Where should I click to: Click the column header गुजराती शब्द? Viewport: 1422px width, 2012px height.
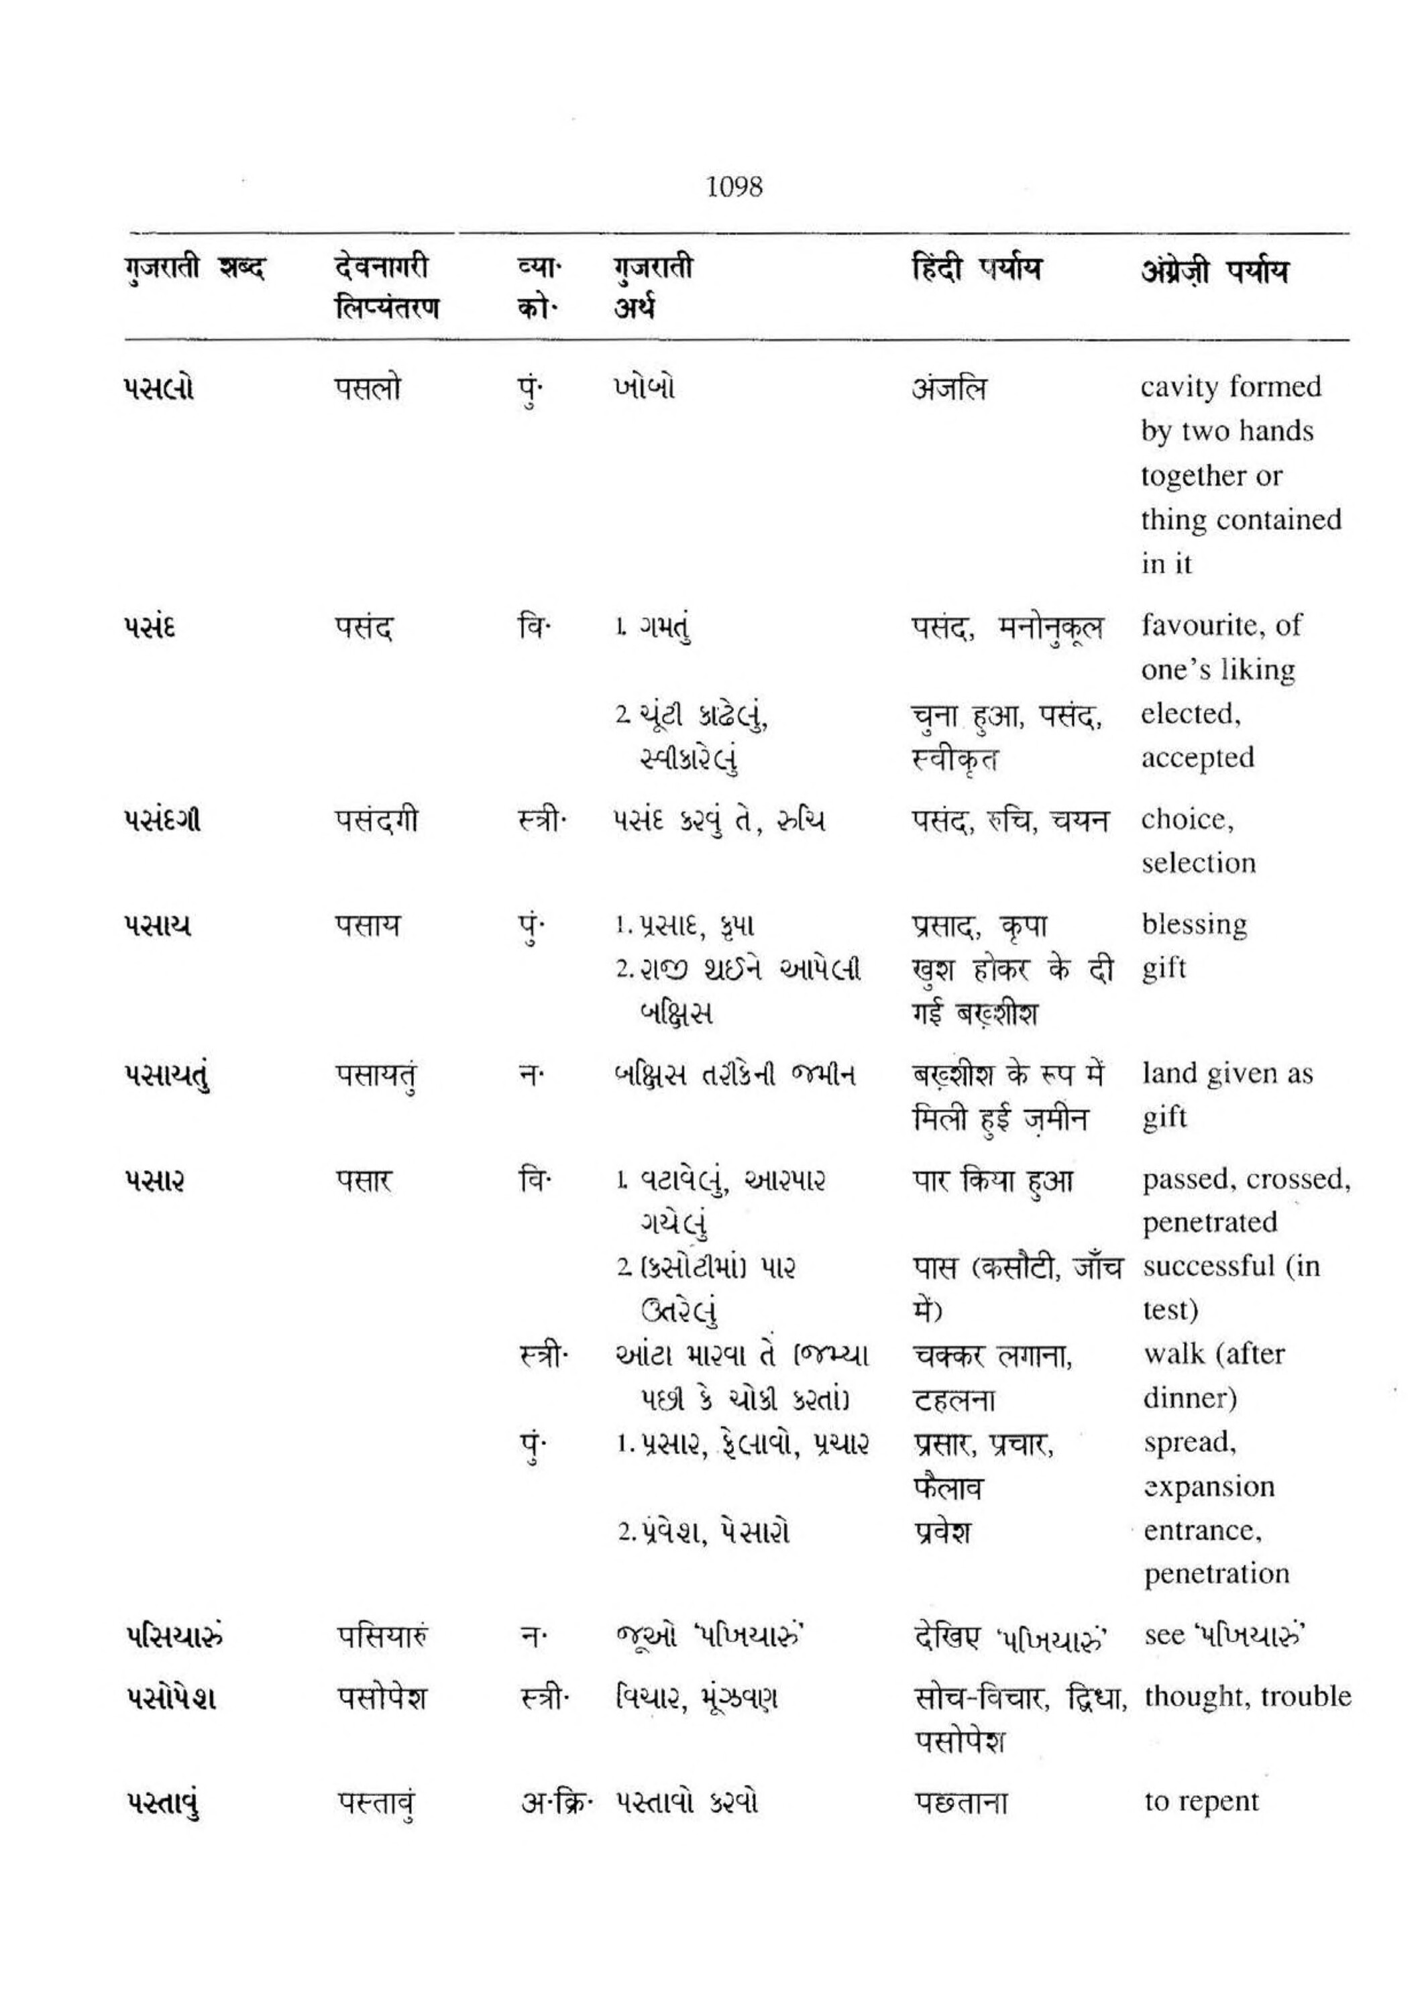coord(194,269)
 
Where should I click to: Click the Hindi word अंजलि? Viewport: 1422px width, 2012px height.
coord(948,388)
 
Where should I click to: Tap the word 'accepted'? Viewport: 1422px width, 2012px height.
coord(1197,757)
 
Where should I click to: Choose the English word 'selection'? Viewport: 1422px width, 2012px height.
coord(1198,863)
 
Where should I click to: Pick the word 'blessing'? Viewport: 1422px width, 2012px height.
coord(1194,924)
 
